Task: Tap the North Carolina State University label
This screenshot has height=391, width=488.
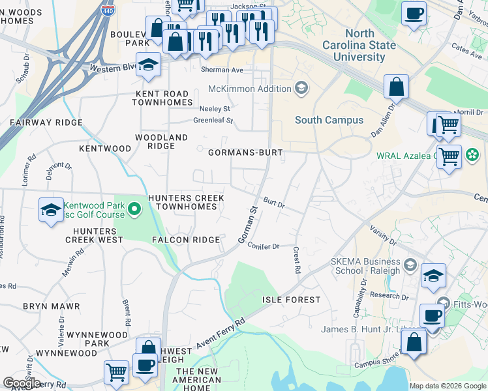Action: [x=360, y=45]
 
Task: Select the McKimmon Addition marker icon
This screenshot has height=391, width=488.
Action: [x=301, y=89]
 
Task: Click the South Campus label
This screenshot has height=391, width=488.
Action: [x=329, y=120]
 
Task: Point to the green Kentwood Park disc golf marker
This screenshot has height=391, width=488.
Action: [x=134, y=209]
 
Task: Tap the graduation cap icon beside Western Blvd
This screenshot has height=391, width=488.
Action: [x=149, y=66]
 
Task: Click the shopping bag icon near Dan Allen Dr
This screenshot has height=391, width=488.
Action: [x=396, y=86]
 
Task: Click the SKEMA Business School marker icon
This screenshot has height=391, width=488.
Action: [x=410, y=264]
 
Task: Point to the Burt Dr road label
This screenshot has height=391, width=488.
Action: [x=274, y=203]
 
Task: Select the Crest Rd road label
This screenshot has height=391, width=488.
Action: [x=296, y=259]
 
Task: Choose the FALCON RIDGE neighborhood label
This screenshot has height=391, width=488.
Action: [x=186, y=240]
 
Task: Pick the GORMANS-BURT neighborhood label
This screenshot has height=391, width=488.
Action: [x=245, y=152]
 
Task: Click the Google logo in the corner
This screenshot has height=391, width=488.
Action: [x=22, y=383]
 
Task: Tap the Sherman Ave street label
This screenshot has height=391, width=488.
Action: [x=222, y=70]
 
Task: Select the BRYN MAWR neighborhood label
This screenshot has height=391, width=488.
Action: [x=51, y=306]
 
